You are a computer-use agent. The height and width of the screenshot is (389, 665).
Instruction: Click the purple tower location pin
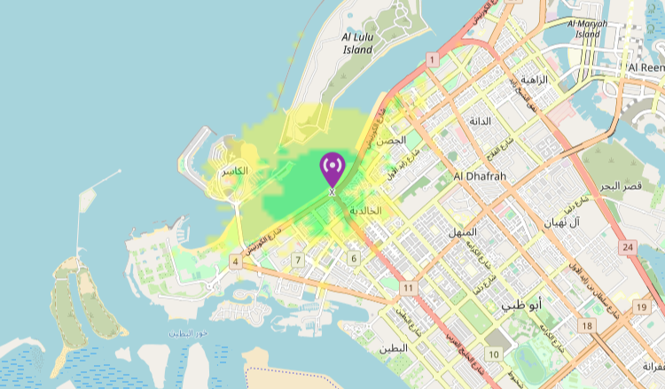pos(332,167)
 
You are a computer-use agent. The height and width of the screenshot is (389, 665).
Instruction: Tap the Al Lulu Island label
pos(357,43)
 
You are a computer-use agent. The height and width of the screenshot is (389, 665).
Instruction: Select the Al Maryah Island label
pos(587,28)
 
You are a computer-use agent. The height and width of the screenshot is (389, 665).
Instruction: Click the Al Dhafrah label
pos(479,176)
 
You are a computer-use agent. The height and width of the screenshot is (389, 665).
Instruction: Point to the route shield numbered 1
pos(432,59)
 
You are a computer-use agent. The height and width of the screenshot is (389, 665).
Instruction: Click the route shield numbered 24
pos(629,246)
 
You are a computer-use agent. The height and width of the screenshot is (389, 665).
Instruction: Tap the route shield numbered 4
pos(235,261)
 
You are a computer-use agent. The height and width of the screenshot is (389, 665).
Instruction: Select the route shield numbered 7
pos(299,260)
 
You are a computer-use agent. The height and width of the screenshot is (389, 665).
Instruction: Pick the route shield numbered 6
pos(354,258)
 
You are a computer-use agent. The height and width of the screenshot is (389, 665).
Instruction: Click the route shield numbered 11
pos(408,289)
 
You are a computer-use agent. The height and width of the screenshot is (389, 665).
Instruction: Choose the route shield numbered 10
pos(493,354)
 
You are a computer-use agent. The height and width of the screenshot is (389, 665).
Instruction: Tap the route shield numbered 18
pos(586,326)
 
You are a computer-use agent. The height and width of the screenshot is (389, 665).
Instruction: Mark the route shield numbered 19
pos(640,307)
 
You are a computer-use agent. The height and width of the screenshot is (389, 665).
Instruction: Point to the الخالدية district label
pos(365,211)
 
